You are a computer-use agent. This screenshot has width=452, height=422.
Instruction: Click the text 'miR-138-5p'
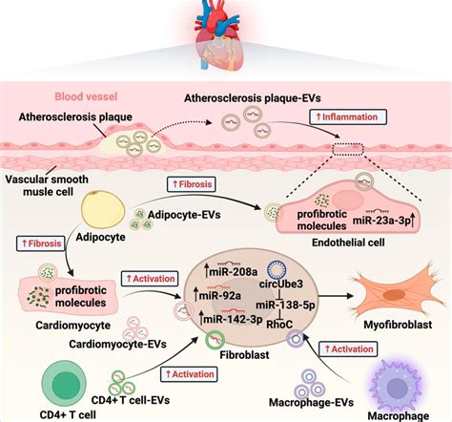(x=283, y=305)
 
